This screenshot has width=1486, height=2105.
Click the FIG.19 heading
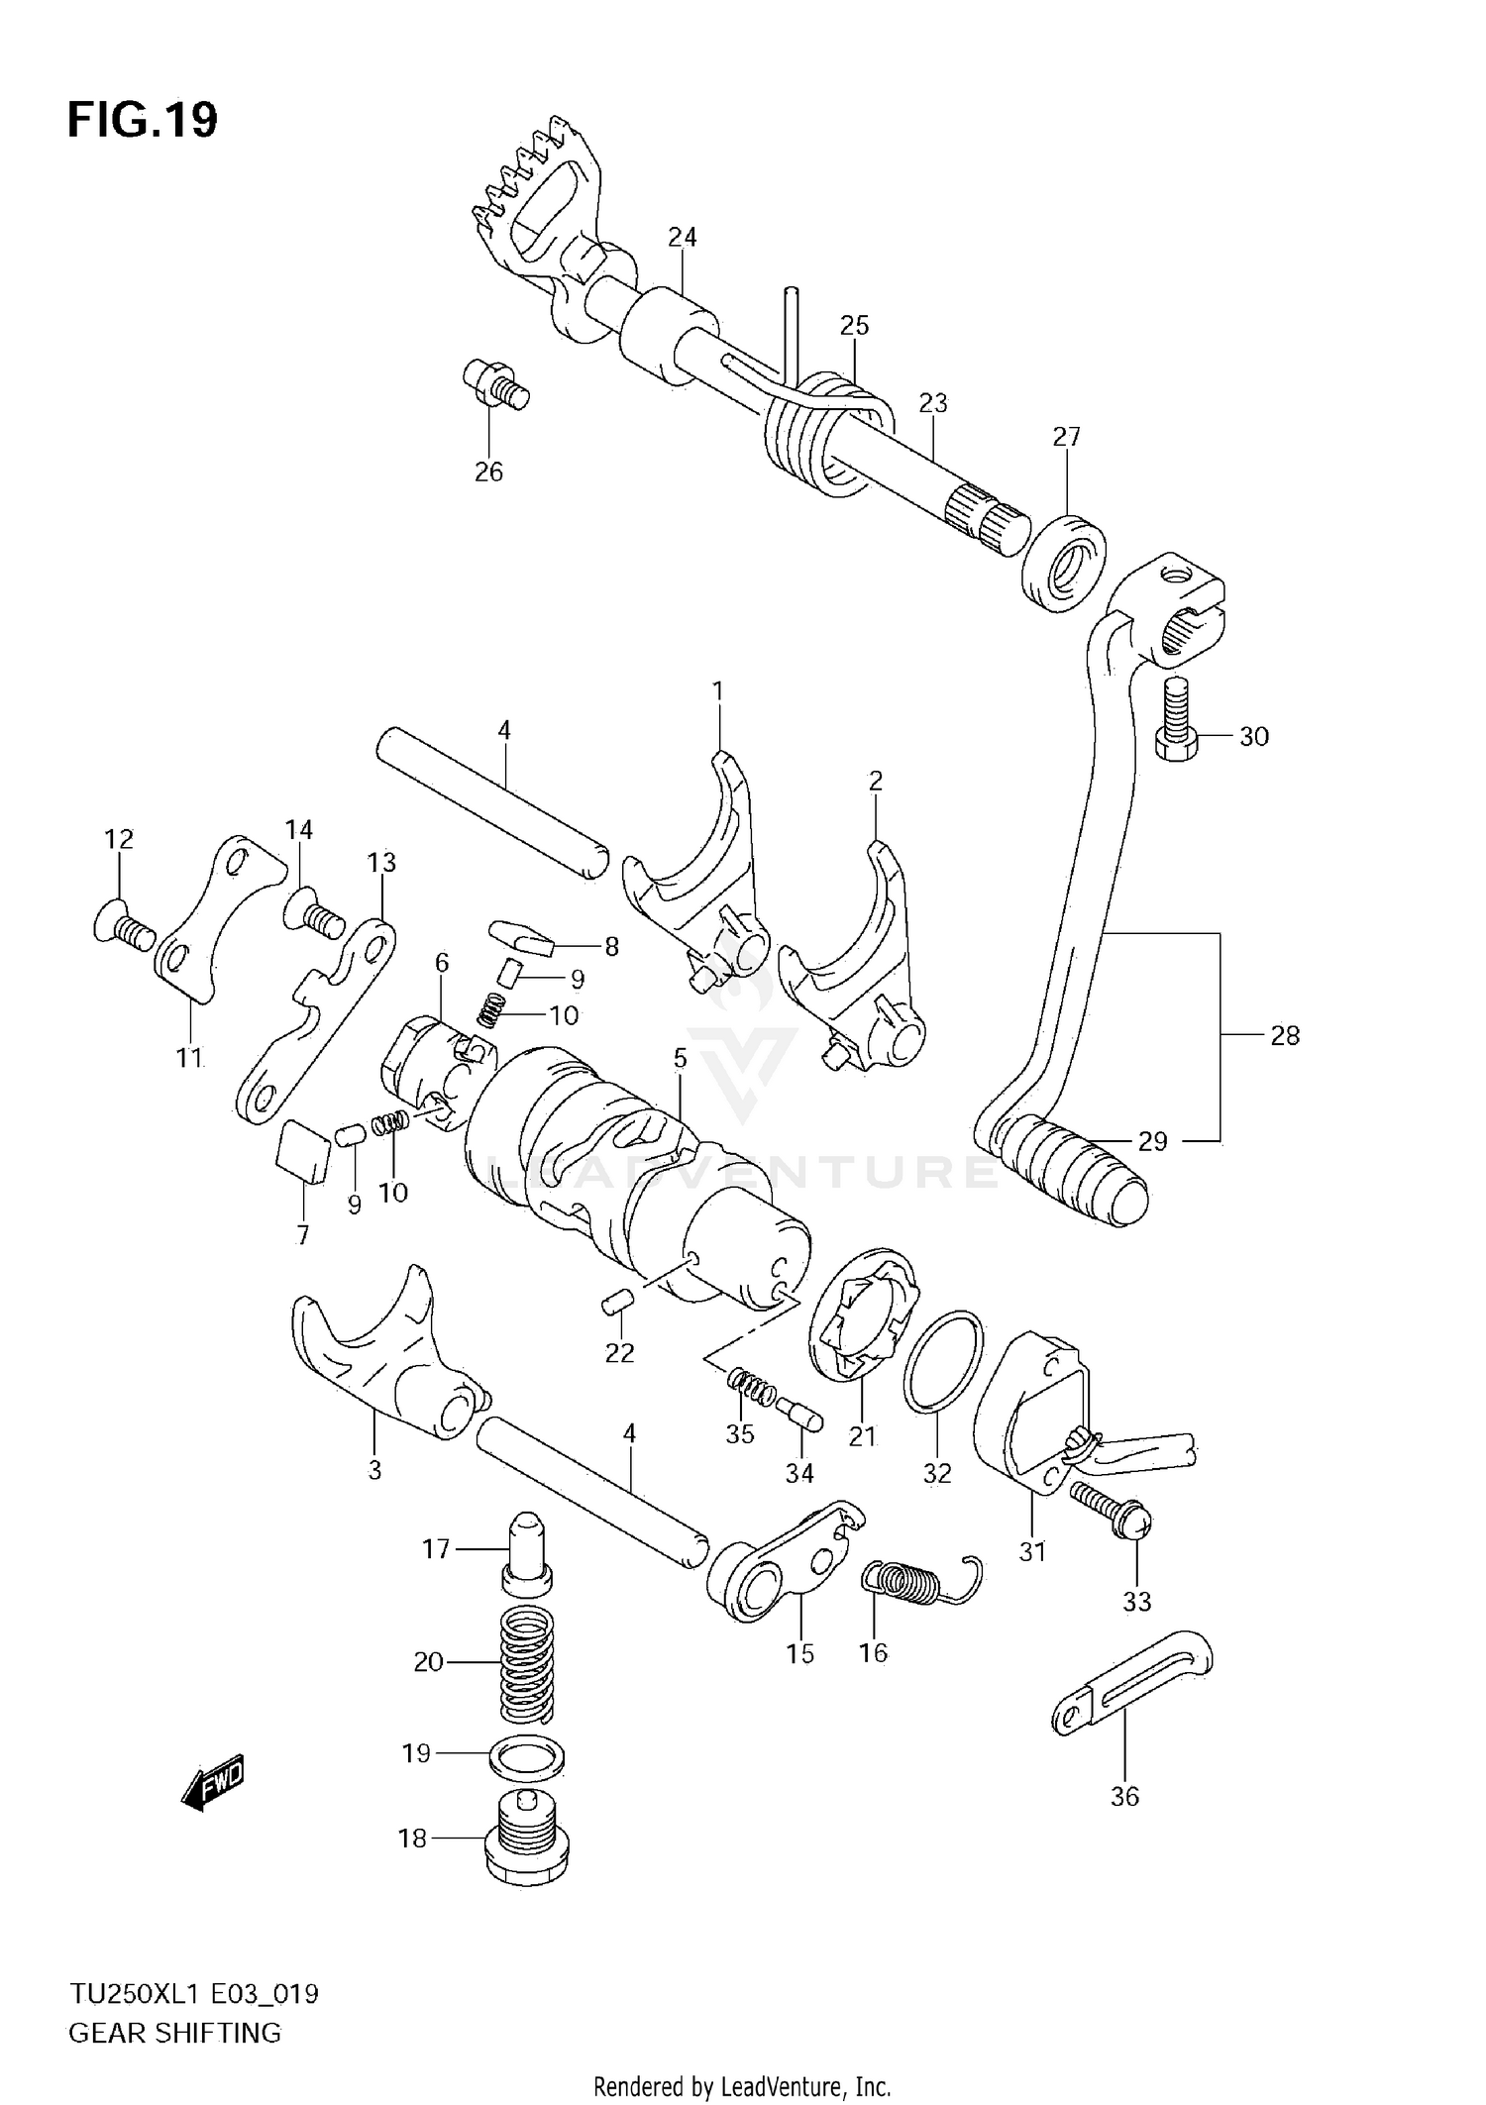(x=142, y=121)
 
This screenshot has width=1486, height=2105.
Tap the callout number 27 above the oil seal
(x=1066, y=437)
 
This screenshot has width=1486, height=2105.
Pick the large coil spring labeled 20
(x=526, y=1664)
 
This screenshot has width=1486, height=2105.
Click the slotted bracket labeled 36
(x=1129, y=1684)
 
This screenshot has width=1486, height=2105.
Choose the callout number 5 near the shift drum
(x=680, y=1059)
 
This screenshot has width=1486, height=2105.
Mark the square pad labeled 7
(x=303, y=1151)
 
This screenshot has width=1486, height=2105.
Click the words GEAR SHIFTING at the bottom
(x=174, y=2033)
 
